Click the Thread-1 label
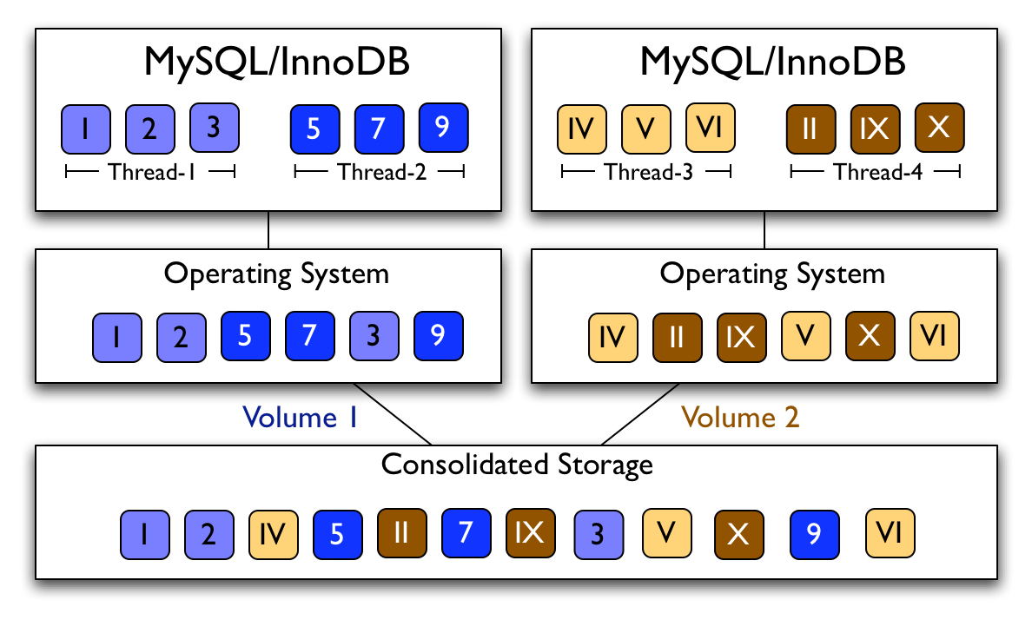150,173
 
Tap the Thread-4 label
875,173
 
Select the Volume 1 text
301,418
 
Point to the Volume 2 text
740,418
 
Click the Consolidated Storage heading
517,465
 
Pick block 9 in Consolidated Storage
815,533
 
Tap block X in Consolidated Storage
739,533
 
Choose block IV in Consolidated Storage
274,533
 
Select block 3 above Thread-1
215,128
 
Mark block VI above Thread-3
711,128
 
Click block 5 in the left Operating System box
246,336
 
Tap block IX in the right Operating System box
741,336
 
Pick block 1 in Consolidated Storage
145,533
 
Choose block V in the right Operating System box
806,336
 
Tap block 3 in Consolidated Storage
598,533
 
